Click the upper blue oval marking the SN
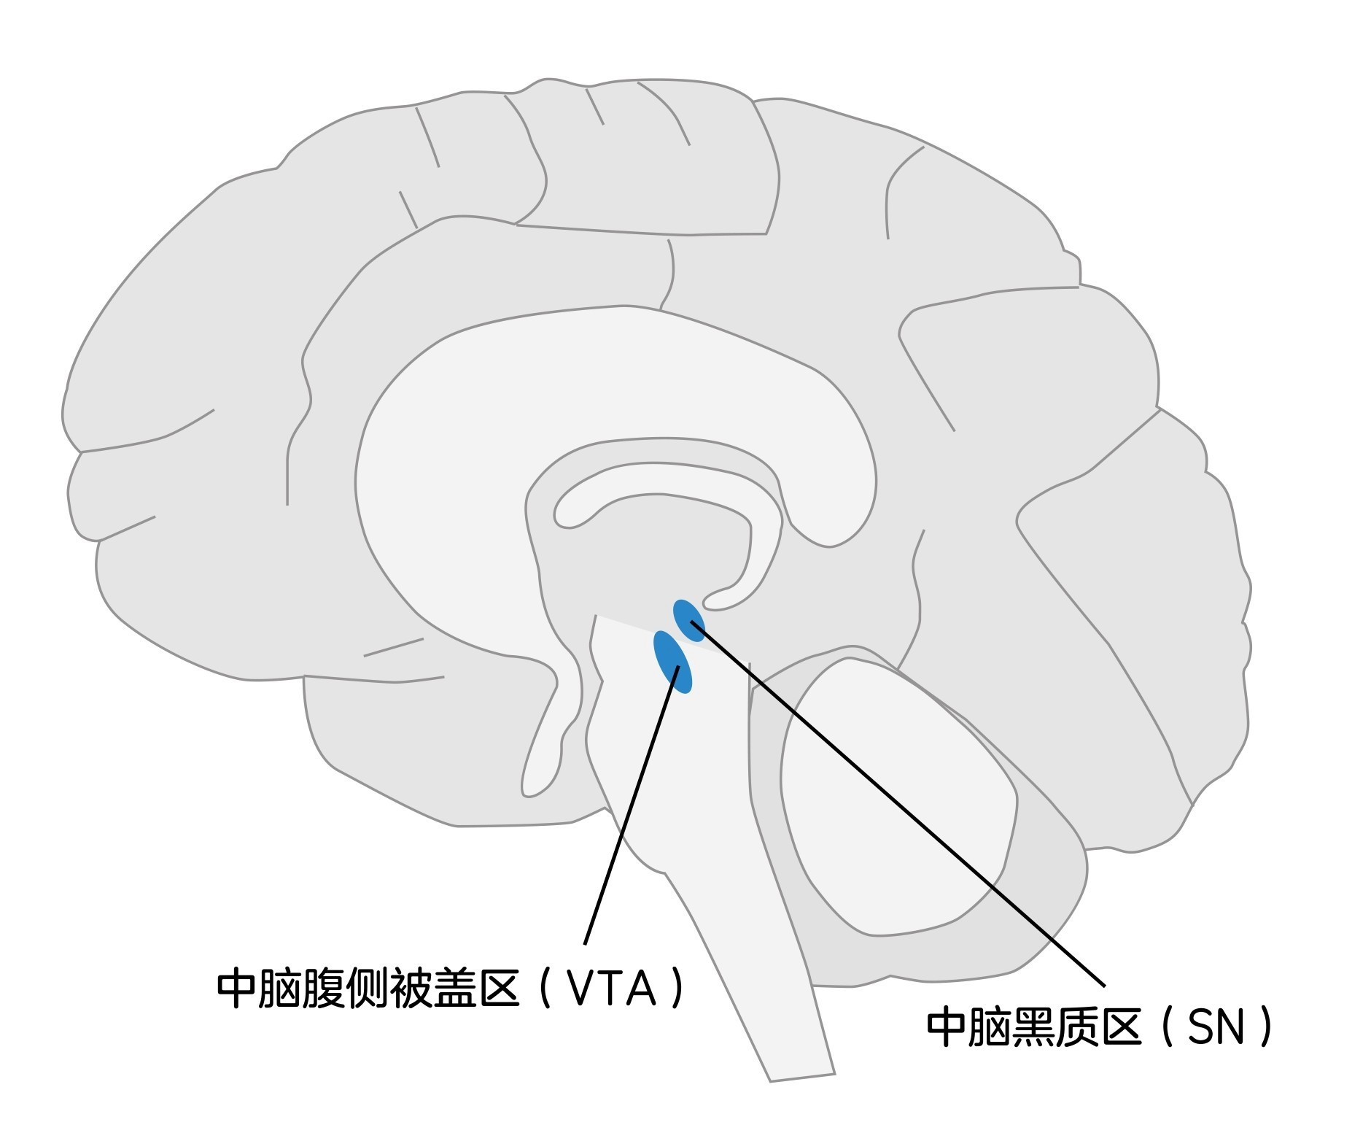coord(688,620)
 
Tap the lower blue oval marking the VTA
coord(672,662)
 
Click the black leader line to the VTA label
coord(632,803)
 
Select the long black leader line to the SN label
coord(897,803)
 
